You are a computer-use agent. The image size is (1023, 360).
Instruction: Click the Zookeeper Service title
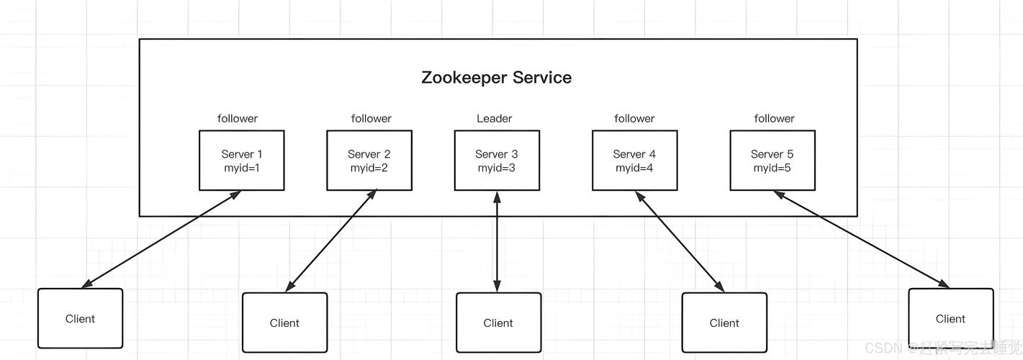(x=496, y=78)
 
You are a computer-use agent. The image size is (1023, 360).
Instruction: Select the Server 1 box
(x=241, y=161)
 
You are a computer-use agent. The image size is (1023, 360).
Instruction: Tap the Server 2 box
(x=369, y=161)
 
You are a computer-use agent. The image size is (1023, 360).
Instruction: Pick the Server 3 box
(x=497, y=161)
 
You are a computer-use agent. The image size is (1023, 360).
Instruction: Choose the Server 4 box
(x=634, y=161)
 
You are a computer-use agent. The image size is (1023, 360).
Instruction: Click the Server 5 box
(x=772, y=161)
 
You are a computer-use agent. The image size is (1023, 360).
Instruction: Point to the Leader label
(x=495, y=119)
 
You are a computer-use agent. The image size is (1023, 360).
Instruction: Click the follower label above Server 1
(x=238, y=119)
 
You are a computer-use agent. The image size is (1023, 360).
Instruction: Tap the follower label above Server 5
(x=774, y=119)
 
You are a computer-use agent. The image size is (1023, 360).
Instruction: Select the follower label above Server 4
(x=634, y=119)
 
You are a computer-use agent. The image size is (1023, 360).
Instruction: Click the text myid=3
(x=497, y=168)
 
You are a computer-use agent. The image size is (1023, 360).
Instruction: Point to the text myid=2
(x=369, y=168)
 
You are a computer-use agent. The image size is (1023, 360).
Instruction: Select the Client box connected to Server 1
(x=80, y=319)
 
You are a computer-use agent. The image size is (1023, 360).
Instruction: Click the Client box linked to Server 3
(x=498, y=323)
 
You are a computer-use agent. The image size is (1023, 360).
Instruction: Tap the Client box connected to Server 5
(x=950, y=319)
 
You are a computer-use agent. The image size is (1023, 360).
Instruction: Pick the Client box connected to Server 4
(x=724, y=323)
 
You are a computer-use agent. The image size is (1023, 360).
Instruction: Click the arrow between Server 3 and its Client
(x=497, y=241)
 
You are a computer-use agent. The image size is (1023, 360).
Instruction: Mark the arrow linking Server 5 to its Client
(x=861, y=239)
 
